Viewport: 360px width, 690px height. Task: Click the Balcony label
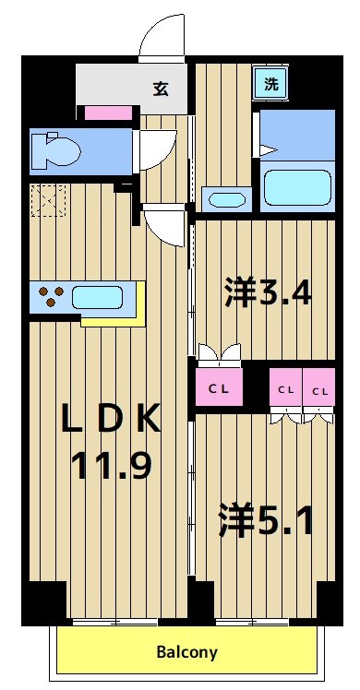186,652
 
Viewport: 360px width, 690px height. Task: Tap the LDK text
111,420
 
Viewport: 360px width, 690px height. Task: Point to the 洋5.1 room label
267,519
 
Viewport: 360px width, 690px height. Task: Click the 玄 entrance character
161,89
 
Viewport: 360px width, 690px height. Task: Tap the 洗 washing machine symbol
271,82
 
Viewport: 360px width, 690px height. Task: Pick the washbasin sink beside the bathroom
224,198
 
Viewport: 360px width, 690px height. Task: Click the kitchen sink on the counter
97,298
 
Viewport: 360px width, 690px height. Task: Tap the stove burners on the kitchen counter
51,298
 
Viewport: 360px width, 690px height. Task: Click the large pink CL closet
218,388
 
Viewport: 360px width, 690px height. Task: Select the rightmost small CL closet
319,390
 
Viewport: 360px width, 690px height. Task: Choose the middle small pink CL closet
285,390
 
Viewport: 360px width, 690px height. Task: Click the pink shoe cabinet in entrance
110,113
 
